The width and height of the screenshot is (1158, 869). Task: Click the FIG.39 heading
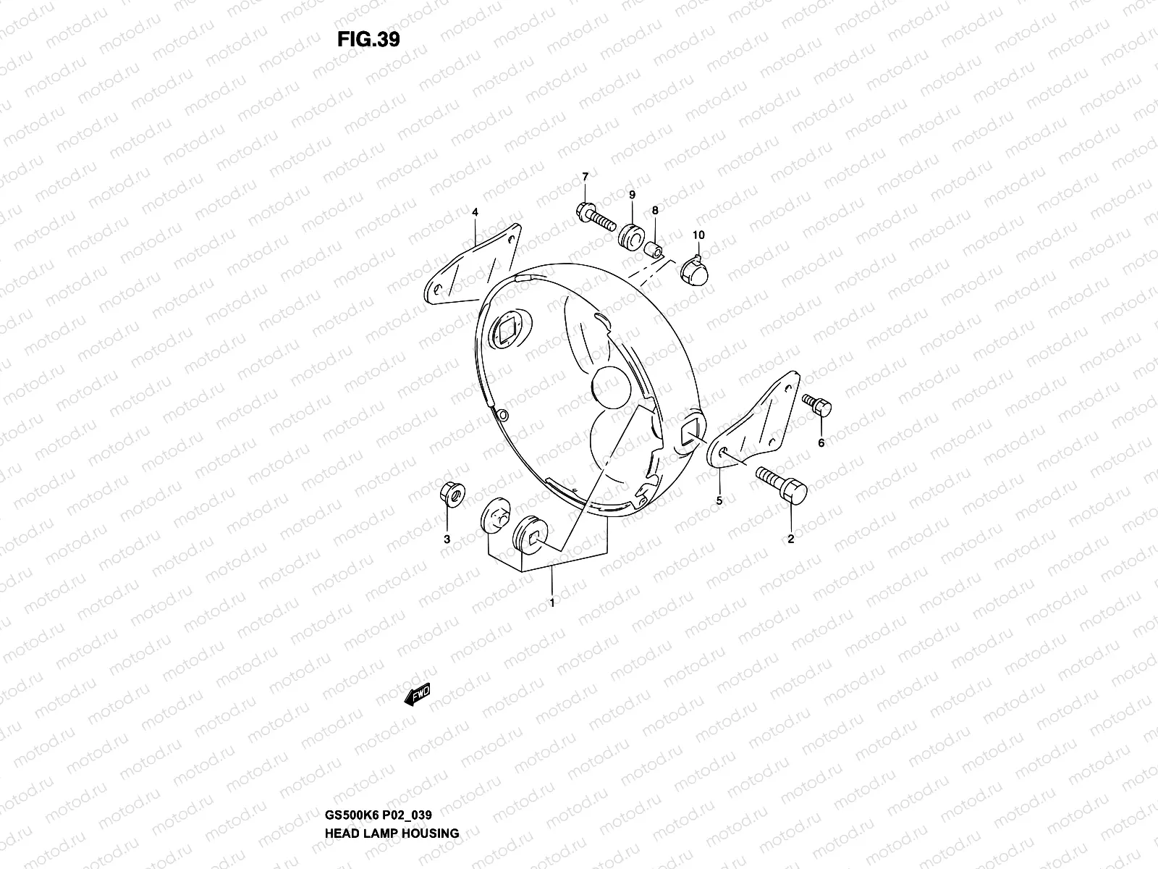368,39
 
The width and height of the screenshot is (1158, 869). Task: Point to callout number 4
475,212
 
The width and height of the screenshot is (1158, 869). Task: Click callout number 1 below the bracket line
552,603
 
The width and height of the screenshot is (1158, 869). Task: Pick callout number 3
447,540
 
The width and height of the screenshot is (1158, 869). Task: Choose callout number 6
821,443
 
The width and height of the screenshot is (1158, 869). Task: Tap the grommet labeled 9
633,236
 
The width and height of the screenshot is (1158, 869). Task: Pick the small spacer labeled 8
654,252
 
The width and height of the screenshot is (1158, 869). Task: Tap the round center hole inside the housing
611,387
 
